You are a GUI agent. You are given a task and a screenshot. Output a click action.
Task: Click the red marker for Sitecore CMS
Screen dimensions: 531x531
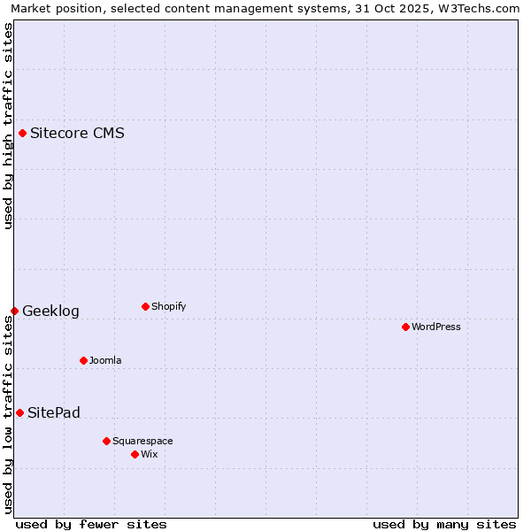coord(23,134)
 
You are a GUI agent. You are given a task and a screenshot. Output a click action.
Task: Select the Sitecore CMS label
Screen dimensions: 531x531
coord(77,134)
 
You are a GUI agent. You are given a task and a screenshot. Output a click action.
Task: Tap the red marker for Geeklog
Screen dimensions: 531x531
coord(14,311)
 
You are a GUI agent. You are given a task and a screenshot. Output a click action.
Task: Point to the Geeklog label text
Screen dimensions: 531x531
coord(50,311)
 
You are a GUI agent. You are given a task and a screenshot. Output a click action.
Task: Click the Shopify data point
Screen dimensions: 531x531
coord(145,307)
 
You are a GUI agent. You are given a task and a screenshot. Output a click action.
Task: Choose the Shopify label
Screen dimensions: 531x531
coord(168,307)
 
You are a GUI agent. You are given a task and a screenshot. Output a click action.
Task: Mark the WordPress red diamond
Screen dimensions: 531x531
coord(405,327)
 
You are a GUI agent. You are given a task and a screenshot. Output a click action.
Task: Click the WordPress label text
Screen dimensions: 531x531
coord(435,327)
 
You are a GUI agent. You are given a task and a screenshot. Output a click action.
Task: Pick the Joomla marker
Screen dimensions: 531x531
coord(83,360)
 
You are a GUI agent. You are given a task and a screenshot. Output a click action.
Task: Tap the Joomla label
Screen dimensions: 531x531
coord(105,360)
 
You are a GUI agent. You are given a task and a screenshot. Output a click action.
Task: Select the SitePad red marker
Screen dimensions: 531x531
coord(19,412)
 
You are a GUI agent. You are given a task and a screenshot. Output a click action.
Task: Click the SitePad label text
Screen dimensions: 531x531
coord(54,412)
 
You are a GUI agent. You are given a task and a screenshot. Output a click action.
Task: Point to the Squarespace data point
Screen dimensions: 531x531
coord(106,441)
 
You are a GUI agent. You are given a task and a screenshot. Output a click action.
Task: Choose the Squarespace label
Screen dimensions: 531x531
coord(142,441)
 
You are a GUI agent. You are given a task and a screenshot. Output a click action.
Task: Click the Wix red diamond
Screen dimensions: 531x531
coord(135,454)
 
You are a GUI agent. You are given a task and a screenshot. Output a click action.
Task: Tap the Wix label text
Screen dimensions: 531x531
coord(150,454)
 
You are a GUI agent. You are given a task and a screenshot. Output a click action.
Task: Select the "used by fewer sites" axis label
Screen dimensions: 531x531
coord(91,524)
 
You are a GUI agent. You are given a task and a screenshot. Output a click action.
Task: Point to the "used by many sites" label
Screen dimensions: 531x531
coord(444,524)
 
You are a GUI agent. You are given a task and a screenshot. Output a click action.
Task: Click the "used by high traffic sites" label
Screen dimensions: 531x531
coord(8,126)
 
